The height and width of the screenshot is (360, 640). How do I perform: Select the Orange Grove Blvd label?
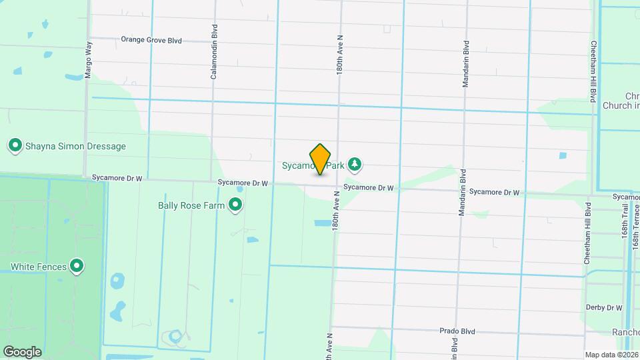(x=151, y=40)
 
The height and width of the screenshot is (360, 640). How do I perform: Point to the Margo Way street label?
(x=88, y=60)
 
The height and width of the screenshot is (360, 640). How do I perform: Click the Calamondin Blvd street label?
(x=214, y=61)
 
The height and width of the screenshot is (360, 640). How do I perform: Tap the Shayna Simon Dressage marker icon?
(x=15, y=145)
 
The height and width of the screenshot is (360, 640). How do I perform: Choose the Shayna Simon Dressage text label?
(x=75, y=146)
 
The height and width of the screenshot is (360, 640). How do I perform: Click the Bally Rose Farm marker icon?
(x=235, y=205)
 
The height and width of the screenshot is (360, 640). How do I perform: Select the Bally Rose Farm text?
(x=191, y=205)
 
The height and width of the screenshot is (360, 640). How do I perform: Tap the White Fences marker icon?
(x=77, y=267)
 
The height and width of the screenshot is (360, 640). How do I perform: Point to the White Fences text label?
(x=39, y=267)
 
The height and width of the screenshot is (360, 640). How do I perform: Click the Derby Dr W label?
(x=604, y=307)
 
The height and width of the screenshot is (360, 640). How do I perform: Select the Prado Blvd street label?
(x=457, y=331)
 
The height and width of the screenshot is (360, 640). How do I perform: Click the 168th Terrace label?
(x=636, y=223)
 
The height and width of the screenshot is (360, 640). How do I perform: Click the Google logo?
(x=23, y=351)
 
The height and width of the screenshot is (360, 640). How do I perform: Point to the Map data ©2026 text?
(x=611, y=355)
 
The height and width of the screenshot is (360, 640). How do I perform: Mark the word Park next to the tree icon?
(x=337, y=164)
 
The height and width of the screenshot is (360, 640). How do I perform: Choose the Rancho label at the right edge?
(x=626, y=332)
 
